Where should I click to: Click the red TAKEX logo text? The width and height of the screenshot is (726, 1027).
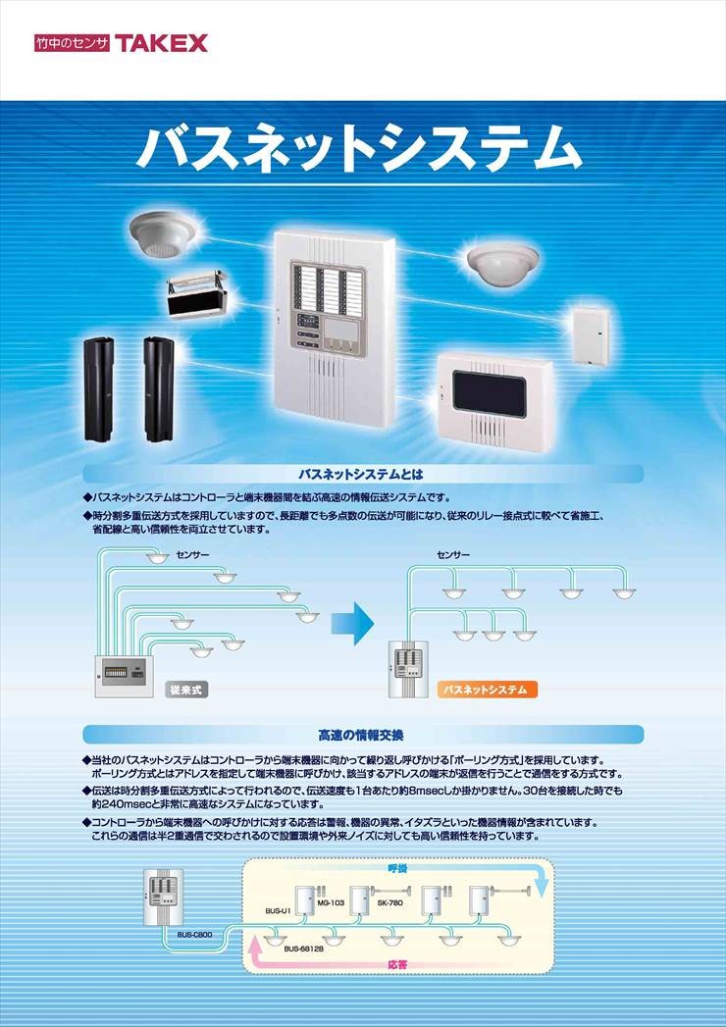coord(161,43)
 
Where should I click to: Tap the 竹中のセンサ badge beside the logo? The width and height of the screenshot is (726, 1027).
coord(73,43)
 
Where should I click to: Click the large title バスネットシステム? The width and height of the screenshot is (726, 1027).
coord(359,149)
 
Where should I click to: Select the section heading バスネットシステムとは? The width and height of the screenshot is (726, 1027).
coord(361,474)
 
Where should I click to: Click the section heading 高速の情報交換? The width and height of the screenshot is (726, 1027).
coord(361,735)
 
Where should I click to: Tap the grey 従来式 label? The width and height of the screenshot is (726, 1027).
coord(186,689)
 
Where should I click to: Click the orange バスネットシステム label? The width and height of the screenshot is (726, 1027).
coord(487,689)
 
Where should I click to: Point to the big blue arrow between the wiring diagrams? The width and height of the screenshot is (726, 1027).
coord(352,622)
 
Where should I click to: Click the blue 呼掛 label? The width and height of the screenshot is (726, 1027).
coord(397,868)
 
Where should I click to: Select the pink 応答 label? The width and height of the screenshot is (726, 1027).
coord(397,964)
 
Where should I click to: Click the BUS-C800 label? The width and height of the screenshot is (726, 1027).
coord(194,935)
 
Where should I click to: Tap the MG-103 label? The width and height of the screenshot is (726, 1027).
coord(331,902)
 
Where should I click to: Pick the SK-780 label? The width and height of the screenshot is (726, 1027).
coord(389,902)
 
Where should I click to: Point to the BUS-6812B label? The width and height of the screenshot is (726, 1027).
coord(304,948)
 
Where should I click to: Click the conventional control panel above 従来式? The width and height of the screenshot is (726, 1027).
coord(124,676)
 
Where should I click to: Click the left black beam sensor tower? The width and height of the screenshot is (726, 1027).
coord(98,389)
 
